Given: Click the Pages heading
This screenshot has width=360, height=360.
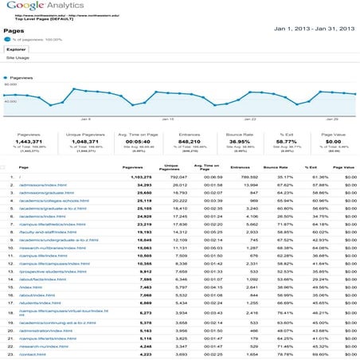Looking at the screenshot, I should [x=14, y=31].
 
